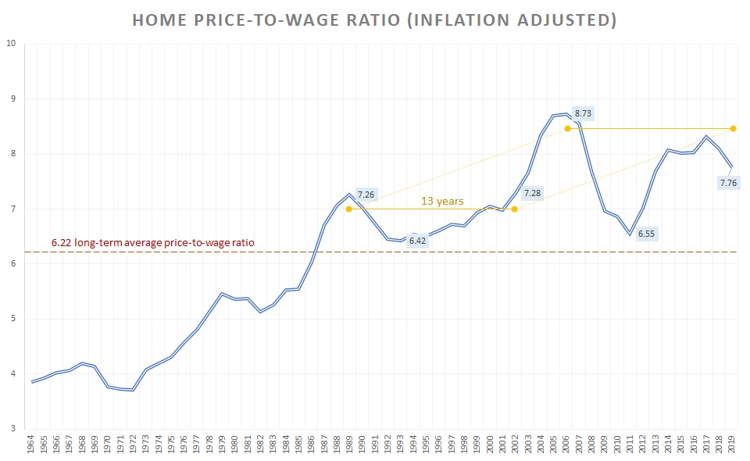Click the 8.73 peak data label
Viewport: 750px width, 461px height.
point(583,113)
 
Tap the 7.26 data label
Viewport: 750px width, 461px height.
point(366,194)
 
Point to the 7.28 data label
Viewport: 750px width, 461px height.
point(532,192)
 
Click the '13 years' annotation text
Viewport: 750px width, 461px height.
point(442,201)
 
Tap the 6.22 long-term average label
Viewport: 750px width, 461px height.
point(153,243)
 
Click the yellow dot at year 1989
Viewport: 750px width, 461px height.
point(348,209)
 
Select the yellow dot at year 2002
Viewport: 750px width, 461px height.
point(514,209)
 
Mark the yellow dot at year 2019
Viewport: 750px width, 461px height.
point(733,128)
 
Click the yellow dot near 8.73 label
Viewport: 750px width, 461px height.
point(567,128)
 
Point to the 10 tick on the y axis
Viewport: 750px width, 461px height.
point(11,44)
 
